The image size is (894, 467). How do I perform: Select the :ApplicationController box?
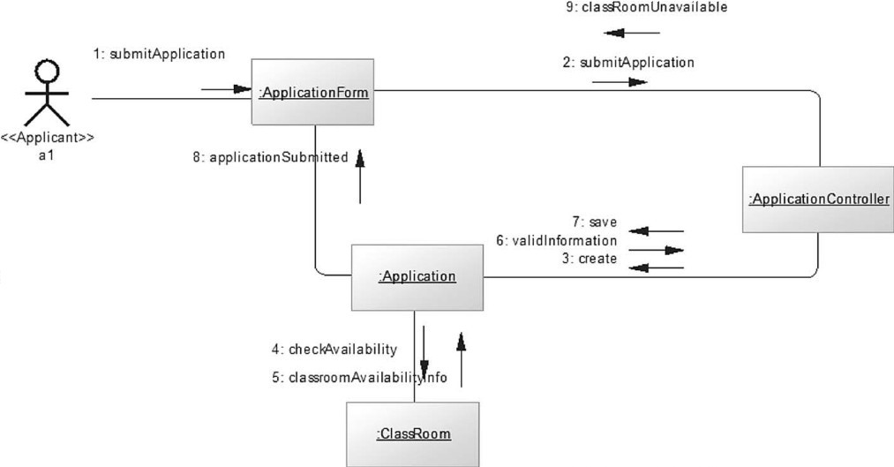click(818, 200)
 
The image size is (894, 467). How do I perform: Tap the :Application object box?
click(417, 277)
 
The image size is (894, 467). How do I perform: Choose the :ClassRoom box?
click(413, 433)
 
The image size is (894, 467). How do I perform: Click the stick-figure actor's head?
click(45, 70)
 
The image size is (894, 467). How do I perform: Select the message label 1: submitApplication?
click(159, 54)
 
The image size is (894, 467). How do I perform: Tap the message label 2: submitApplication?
click(628, 63)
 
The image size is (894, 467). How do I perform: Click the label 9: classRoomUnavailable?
click(646, 8)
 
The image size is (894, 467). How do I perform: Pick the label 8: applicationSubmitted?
click(270, 158)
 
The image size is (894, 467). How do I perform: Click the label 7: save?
click(600, 222)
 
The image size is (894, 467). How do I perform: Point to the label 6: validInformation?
click(564, 240)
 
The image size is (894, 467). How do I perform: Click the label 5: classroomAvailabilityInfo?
click(359, 378)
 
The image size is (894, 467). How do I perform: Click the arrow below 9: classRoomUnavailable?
click(632, 33)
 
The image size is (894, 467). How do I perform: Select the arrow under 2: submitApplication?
click(620, 82)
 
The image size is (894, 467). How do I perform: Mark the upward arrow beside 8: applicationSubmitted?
click(360, 177)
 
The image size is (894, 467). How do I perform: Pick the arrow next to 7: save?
click(656, 231)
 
